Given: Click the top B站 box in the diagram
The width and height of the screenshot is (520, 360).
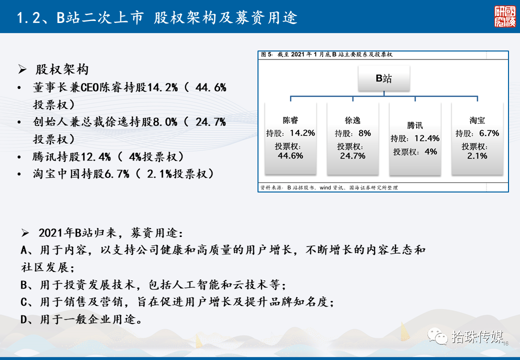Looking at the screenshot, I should pos(383,78).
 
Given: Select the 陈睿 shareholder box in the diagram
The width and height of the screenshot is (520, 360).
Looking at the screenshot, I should pos(290,138).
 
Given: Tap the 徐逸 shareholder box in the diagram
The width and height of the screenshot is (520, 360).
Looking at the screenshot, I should pos(352,138).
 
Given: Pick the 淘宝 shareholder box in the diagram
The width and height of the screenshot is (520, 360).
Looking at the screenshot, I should pos(477,138).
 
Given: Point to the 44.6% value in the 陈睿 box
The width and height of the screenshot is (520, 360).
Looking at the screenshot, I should pos(290,156).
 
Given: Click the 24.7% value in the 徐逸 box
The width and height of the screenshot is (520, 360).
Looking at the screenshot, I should pos(352,156).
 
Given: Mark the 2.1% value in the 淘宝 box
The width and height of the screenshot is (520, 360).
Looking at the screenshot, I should pos(477,156).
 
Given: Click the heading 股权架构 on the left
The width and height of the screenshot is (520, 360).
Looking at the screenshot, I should pos(62,69).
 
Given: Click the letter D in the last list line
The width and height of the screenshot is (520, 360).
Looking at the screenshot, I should pos(24,319).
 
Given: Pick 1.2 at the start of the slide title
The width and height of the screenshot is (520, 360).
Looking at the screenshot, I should pos(28,18).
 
